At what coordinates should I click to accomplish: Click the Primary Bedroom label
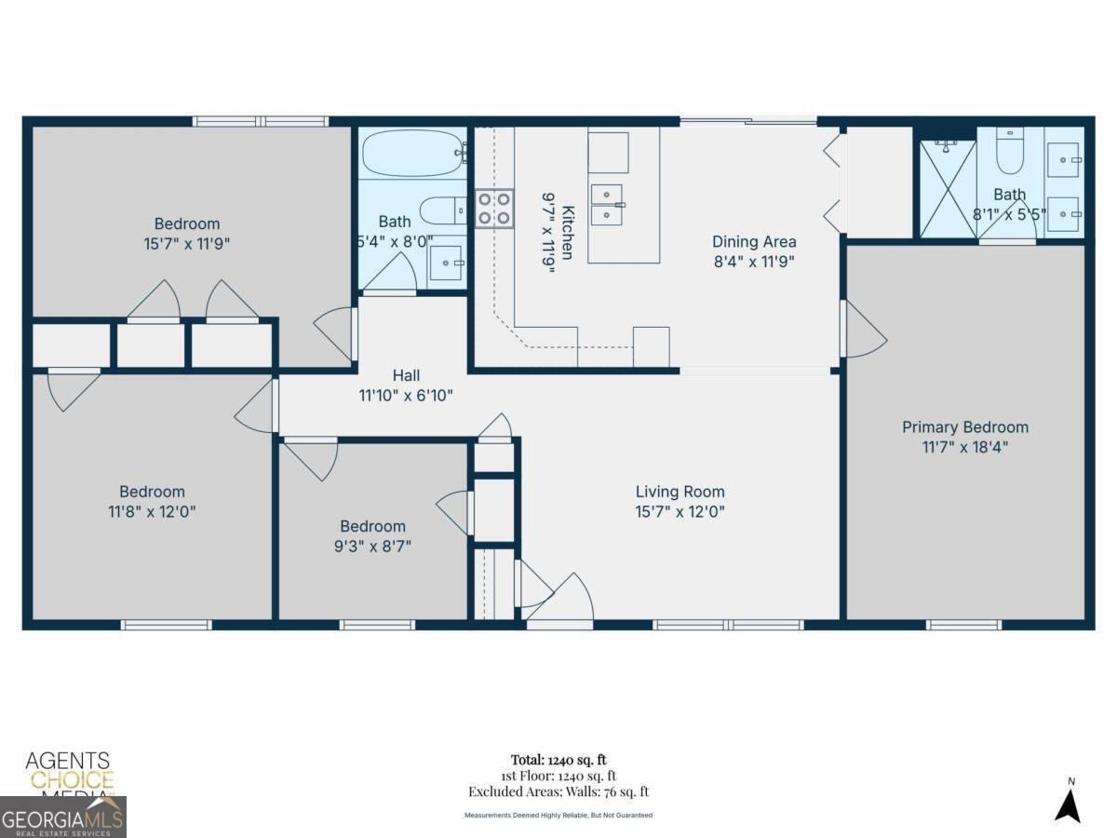(965, 427)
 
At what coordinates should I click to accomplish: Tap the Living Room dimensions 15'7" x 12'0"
(680, 511)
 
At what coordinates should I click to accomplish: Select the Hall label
(406, 376)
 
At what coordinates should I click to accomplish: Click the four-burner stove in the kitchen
(494, 208)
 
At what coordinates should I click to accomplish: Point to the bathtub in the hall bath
(412, 153)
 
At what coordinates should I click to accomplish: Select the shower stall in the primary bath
(948, 189)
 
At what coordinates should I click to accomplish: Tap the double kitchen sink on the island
(607, 204)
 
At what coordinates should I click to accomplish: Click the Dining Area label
(754, 242)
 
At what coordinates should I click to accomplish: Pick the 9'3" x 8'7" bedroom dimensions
(372, 546)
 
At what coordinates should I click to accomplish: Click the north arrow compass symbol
(1068, 802)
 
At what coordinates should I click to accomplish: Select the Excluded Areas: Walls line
(558, 792)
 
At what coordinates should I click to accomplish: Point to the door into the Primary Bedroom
(862, 329)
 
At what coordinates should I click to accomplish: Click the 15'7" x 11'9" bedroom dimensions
(187, 243)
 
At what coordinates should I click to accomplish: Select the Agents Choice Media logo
(68, 772)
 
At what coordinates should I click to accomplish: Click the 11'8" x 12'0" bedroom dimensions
(152, 511)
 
